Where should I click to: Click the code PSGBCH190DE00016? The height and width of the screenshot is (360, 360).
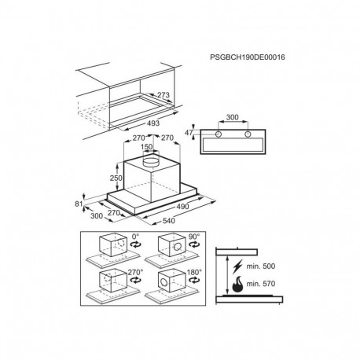(x=248, y=57)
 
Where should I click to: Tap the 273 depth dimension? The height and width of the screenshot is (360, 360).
(x=163, y=95)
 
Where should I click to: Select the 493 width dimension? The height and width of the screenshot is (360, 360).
(x=153, y=123)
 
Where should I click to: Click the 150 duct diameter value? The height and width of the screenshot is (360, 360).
(x=146, y=147)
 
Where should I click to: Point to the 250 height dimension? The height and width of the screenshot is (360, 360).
(x=116, y=178)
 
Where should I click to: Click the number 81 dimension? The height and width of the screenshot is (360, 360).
(x=79, y=204)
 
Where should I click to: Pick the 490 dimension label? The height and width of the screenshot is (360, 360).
(x=182, y=207)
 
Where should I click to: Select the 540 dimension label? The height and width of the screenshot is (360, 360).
(x=169, y=221)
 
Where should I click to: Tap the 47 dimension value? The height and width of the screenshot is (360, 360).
(x=189, y=133)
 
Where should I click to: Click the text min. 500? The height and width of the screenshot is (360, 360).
(x=261, y=266)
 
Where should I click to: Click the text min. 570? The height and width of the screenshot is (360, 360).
(x=261, y=284)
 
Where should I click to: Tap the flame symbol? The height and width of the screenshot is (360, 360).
(x=237, y=285)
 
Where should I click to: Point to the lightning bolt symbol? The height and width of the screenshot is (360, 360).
(x=237, y=266)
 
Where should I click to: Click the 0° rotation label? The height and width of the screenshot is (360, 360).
(x=135, y=237)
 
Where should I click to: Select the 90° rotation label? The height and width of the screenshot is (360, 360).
(x=194, y=237)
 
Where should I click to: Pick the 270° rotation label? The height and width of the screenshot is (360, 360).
(x=135, y=272)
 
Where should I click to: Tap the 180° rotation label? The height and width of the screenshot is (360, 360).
(x=194, y=272)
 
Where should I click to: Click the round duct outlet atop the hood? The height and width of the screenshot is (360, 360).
(x=151, y=161)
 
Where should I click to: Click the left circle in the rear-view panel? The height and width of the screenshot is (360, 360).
(x=219, y=134)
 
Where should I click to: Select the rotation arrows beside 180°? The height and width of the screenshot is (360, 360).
(x=194, y=280)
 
